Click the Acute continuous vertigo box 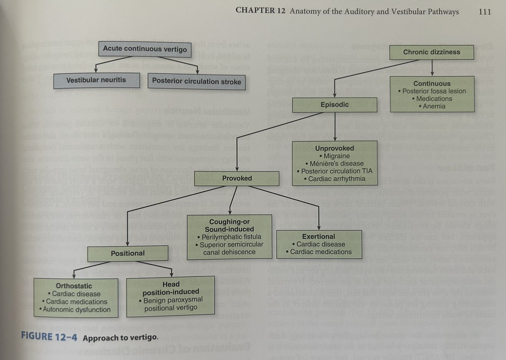click(x=145, y=49)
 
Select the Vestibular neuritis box click(x=96, y=80)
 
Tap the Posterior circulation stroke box click(x=196, y=81)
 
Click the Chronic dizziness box click(x=431, y=52)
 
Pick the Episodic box click(x=334, y=104)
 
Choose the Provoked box click(x=237, y=179)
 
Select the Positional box click(x=127, y=253)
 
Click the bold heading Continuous click(x=432, y=83)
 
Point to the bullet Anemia click(x=433, y=106)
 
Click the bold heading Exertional click(x=318, y=236)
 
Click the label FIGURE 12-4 click(x=50, y=338)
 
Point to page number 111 click(x=485, y=12)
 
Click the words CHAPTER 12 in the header click(x=261, y=12)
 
